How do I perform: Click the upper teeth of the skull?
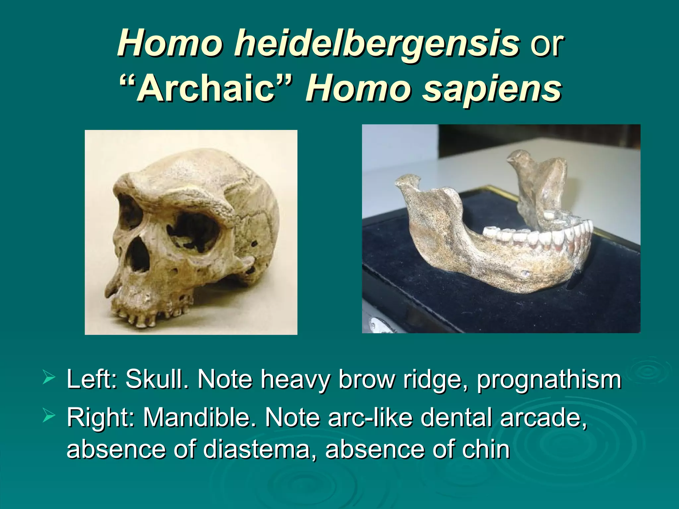tap(141, 318)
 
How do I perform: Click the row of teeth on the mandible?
tap(537, 235)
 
